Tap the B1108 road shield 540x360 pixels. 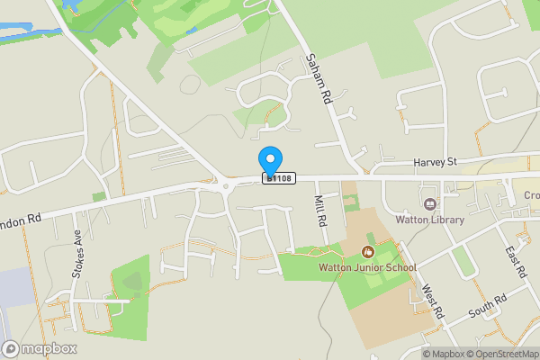(x=279, y=178)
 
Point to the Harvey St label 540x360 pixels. (x=436, y=162)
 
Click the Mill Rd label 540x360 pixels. (x=319, y=211)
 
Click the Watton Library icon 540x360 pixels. (x=428, y=204)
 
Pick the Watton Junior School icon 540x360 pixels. (x=367, y=252)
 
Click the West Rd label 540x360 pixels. (x=435, y=302)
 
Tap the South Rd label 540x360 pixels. (x=488, y=307)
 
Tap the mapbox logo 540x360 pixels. (x=40, y=349)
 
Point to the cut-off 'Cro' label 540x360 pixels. (x=531, y=195)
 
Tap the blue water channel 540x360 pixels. (x=27, y=37)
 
